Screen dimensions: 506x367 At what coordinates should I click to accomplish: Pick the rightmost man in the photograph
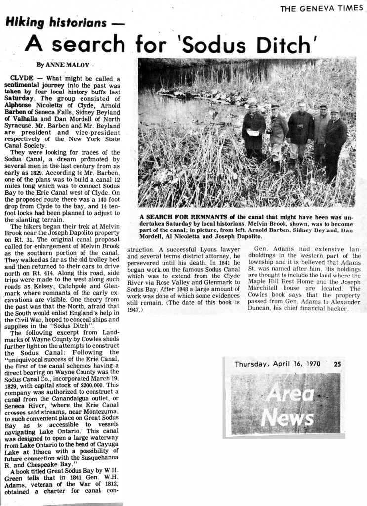pos(336,141)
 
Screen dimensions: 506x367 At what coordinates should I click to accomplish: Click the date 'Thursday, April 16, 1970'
pos(277,364)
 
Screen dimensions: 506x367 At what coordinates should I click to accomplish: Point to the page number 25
pos(337,364)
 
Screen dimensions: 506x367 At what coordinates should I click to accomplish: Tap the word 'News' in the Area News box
pos(287,418)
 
